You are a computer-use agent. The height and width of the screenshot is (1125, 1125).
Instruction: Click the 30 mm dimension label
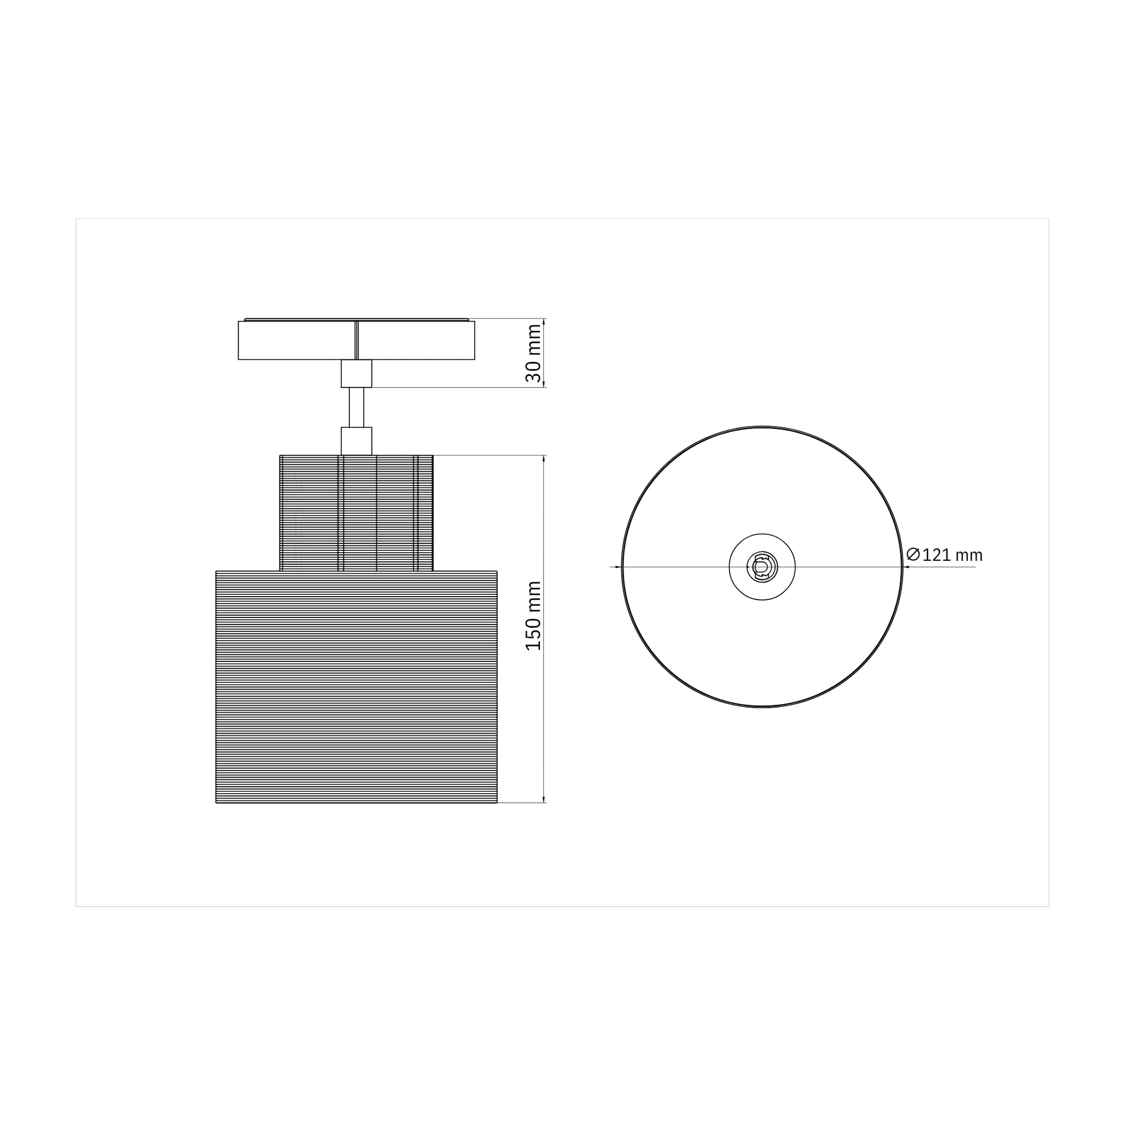[534, 353]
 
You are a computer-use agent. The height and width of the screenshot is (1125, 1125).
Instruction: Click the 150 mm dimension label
[534, 616]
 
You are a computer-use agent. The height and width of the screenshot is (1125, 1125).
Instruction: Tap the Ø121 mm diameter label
[944, 555]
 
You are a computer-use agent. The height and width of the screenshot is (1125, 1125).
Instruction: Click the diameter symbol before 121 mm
[913, 554]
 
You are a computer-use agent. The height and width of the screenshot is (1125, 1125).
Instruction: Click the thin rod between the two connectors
[356, 407]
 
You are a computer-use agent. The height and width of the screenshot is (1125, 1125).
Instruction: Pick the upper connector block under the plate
[356, 373]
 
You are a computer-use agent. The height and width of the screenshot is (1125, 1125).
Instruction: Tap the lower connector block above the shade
[356, 441]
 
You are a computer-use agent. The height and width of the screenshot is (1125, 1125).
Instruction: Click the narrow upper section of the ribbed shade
[309, 512]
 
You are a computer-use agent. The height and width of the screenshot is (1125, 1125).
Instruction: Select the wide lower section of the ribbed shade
[356, 687]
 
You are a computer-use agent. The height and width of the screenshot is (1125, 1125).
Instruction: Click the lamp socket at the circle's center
[762, 567]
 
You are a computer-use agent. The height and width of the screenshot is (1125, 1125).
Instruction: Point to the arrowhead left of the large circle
[619, 567]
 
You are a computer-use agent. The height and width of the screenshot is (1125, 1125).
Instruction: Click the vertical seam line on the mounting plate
[356, 340]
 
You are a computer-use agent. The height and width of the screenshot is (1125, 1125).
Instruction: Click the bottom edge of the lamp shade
[356, 803]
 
